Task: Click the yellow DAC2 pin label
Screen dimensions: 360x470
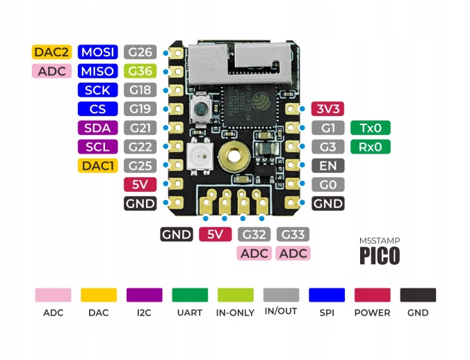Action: coord(52,51)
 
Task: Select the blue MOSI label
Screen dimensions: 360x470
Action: coord(97,51)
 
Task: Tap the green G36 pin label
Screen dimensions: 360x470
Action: coord(139,71)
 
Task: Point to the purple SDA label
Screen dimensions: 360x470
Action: coord(97,128)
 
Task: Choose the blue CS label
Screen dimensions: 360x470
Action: coord(97,109)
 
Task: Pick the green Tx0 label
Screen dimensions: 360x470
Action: coord(371,128)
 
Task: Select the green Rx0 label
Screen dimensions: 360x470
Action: coord(371,147)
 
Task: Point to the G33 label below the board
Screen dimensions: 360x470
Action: coord(293,234)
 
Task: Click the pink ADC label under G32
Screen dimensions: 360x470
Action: coord(254,253)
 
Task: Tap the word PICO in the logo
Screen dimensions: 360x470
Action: coord(380,255)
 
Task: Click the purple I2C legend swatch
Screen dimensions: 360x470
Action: coord(145,295)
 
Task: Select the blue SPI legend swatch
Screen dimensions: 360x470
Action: coord(327,295)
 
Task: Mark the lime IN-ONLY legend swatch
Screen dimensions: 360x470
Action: coord(236,295)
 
